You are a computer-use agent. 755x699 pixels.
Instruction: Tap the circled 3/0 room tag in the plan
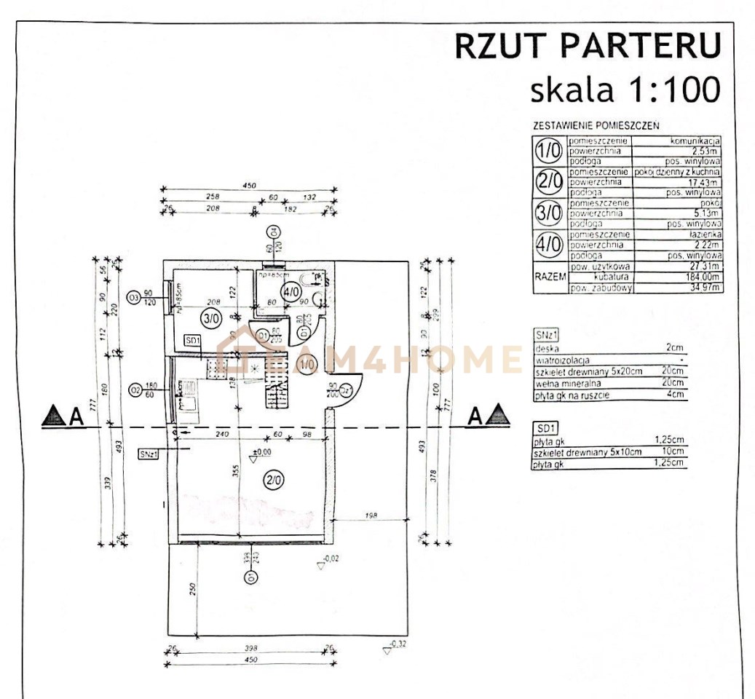coord(210,318)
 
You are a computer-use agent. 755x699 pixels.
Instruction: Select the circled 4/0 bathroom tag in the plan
coord(290,293)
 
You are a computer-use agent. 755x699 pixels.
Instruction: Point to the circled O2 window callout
coord(133,391)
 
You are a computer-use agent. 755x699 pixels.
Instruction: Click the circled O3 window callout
coord(133,297)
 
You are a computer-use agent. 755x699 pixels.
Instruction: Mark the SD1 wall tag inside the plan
coord(192,340)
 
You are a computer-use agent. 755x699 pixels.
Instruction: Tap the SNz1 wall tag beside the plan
coord(148,453)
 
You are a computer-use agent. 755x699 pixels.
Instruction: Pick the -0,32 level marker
coord(396,644)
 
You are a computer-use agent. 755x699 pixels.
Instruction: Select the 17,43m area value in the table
coord(703,182)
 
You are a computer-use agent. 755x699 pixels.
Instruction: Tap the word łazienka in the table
coord(703,235)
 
